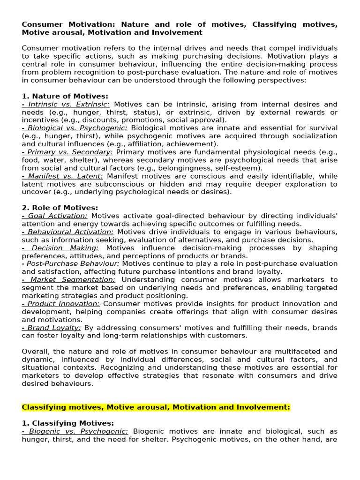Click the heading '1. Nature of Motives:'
click(x=65, y=96)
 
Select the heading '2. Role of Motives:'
click(x=60, y=208)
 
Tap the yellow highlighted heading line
click(x=156, y=407)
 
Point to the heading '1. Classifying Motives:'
click(x=67, y=423)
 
